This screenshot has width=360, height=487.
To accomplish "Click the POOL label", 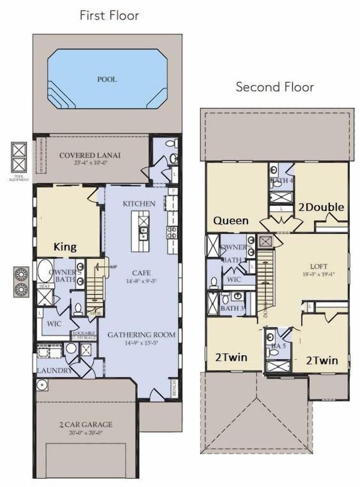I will tap(107, 79).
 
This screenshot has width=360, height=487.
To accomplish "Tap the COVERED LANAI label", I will tap(90, 155).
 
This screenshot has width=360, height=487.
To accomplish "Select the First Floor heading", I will tap(110, 16).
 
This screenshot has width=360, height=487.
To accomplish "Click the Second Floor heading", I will tap(275, 88).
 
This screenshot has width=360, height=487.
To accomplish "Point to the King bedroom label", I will tap(65, 247).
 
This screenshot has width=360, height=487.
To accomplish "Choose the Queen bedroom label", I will tap(231, 221).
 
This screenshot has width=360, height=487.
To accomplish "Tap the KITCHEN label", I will tap(139, 204).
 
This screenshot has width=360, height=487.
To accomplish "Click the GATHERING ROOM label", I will tap(141, 335).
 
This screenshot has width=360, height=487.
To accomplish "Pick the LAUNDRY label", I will tap(54, 371).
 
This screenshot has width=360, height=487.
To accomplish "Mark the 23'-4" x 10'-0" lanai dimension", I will tap(90, 163).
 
